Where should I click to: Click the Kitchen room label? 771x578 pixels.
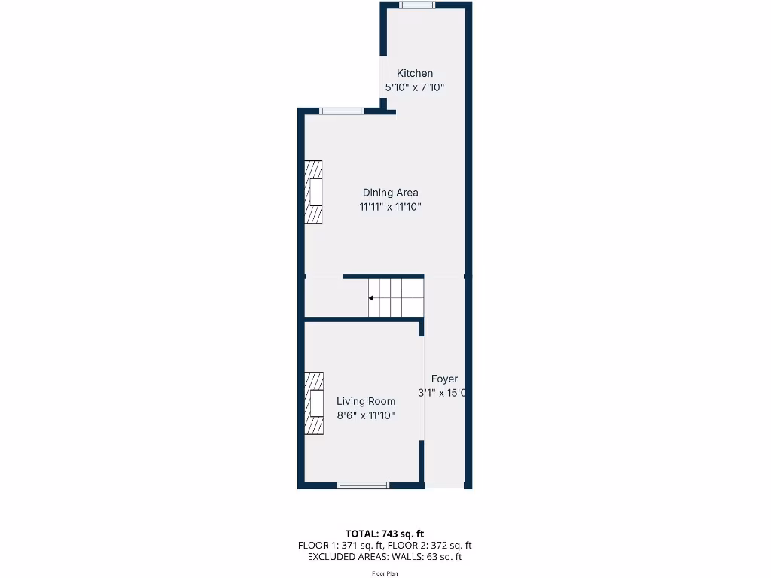415,73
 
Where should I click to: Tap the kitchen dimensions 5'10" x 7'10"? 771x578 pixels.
415,87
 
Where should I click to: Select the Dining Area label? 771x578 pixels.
390,193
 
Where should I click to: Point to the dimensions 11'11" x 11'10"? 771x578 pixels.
390,207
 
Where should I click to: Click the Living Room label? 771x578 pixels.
366,401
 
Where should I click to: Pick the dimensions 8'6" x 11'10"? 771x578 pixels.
366,415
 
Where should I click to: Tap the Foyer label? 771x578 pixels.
444,379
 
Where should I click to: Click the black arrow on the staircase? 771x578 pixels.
371,298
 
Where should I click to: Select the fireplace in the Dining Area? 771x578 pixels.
314,192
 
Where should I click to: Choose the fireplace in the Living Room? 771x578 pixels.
314,403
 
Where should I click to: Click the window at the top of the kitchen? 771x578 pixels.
417,5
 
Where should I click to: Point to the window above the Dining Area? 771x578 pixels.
341,111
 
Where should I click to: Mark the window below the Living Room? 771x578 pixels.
363,485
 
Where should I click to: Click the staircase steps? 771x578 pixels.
396,297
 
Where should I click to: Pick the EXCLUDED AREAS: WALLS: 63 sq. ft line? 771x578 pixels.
385,557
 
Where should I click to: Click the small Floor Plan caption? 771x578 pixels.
385,573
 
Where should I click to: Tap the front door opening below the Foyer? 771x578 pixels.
444,485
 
